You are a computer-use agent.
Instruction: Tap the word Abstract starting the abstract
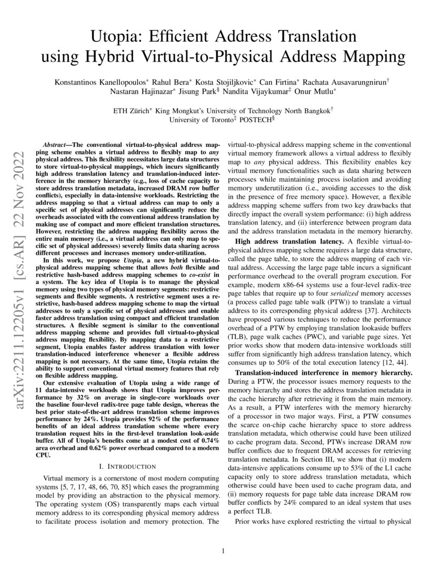click(56, 144)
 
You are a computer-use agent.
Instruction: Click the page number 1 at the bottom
click(223, 551)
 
